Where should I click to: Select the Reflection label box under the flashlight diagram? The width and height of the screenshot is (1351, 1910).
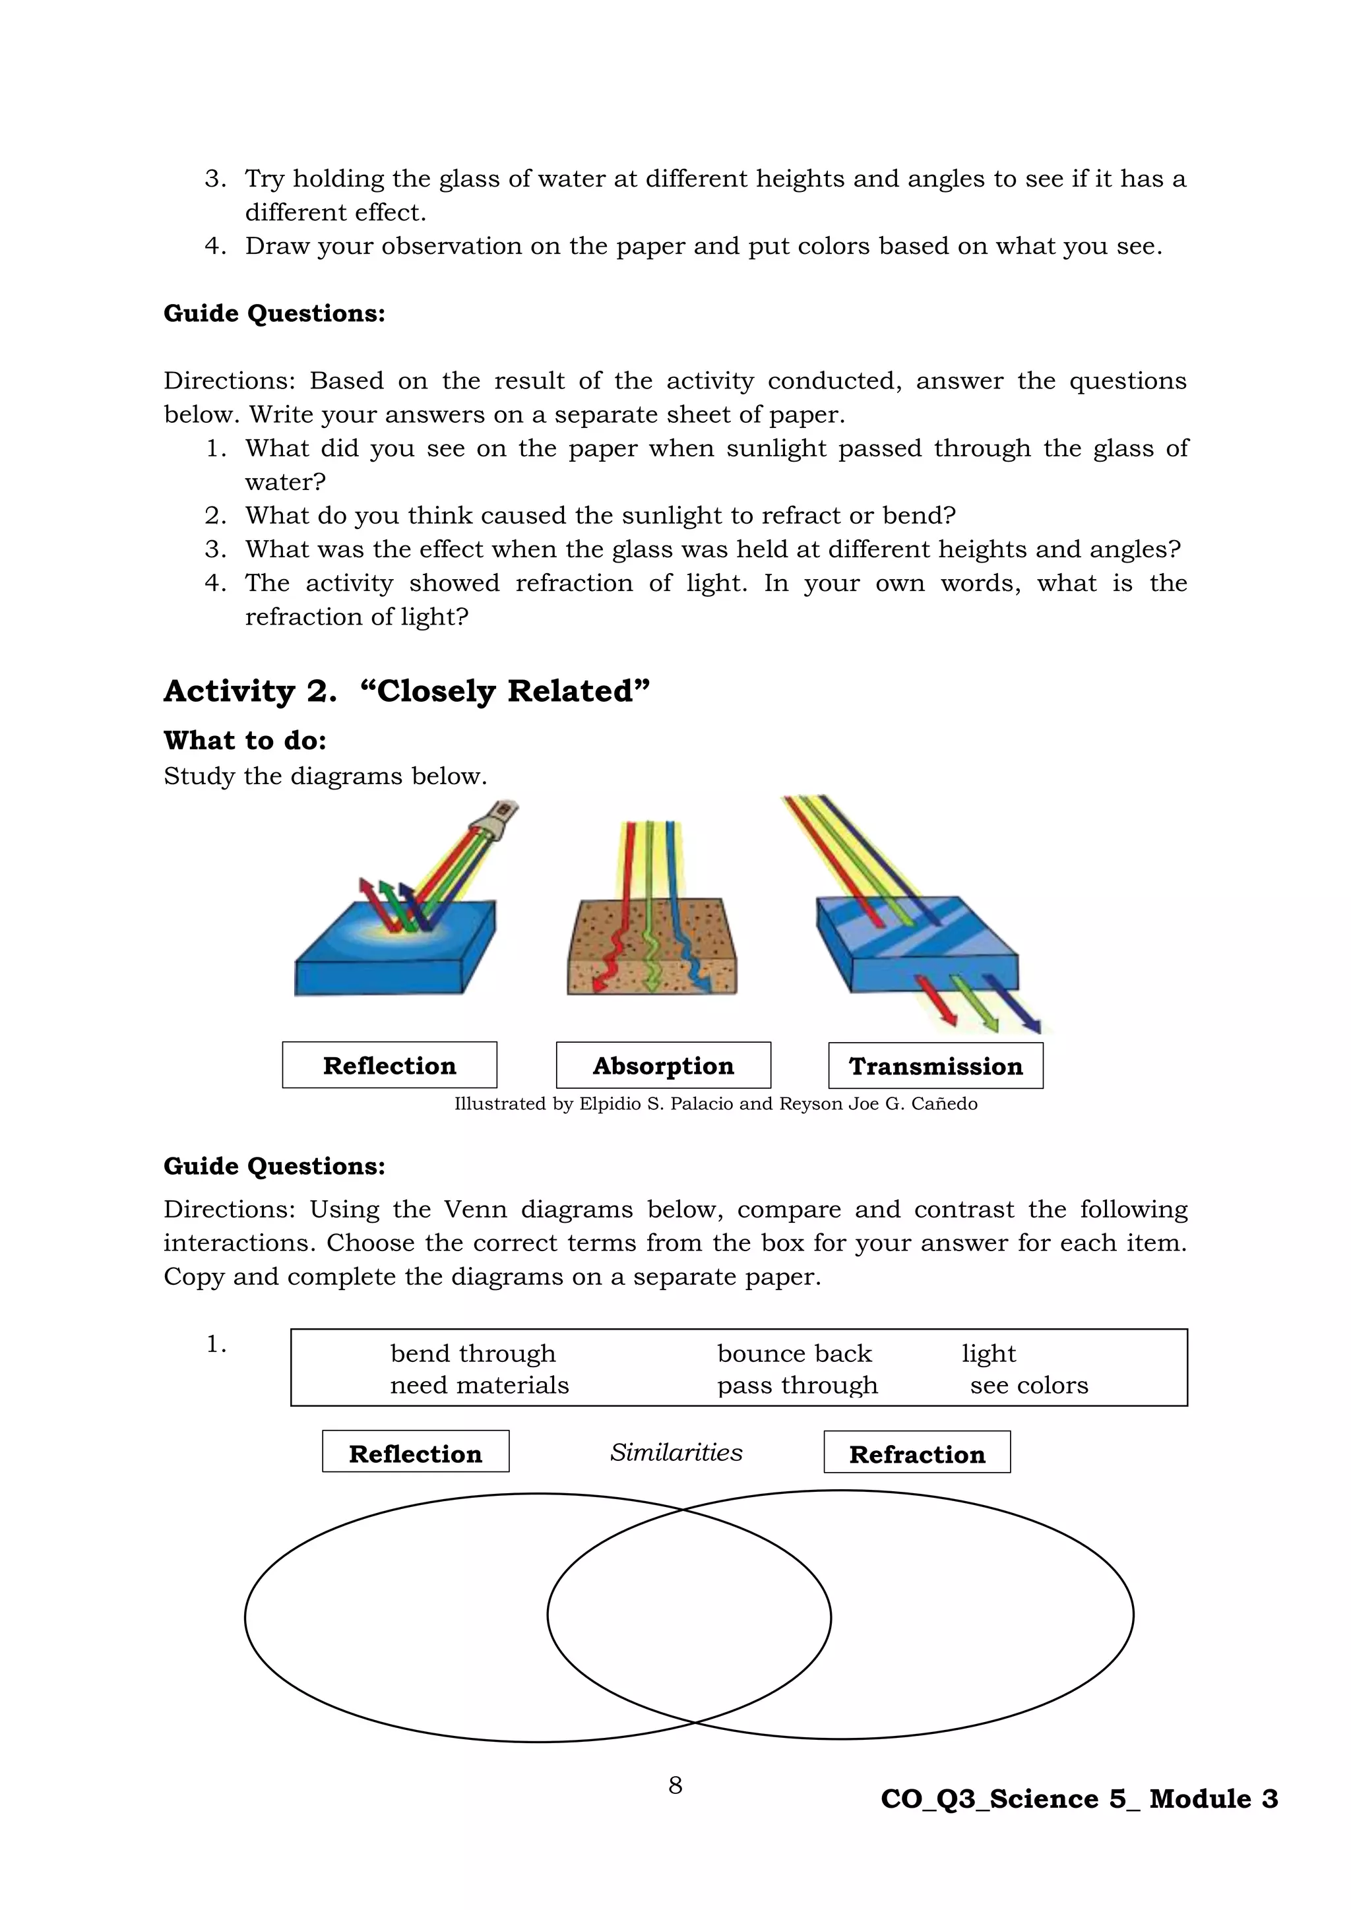coord(389,1064)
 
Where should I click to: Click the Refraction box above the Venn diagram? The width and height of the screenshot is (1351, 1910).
coord(917,1452)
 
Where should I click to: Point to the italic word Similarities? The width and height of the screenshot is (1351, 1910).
coord(675,1452)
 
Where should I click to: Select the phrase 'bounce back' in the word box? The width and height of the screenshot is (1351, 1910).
coord(794,1353)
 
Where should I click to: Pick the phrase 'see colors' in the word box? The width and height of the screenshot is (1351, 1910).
coord(1028,1385)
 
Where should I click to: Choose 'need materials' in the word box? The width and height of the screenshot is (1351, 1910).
coord(479,1385)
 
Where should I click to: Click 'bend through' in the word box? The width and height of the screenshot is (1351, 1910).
coord(472,1353)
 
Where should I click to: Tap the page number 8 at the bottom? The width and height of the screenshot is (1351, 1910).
coord(675,1785)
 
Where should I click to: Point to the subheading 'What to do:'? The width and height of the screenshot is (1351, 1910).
coord(245,739)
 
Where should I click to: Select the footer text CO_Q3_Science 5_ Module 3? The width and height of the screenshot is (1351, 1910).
coord(1079,1799)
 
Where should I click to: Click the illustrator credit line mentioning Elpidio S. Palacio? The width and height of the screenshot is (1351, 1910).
coord(716,1104)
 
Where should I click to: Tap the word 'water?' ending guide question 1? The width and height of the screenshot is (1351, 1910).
coord(284,481)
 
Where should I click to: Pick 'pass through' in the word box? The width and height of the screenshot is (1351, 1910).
coord(797,1385)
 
